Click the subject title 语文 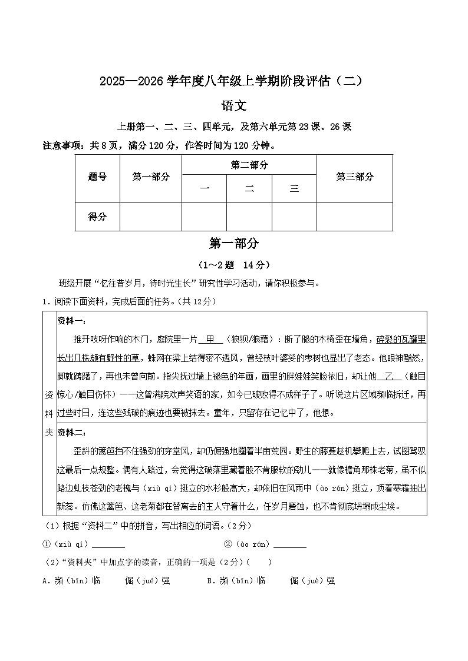tap(233, 106)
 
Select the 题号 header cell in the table tap(97, 177)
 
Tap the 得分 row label tap(97, 217)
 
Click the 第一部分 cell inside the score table tap(151, 177)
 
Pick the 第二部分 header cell tap(249, 165)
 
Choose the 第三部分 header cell tap(354, 177)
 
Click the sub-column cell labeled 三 tap(294, 189)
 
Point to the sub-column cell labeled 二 tap(249, 189)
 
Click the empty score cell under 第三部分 tap(354, 217)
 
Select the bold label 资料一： tap(72, 321)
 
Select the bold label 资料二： tap(72, 433)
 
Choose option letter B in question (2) tap(209, 580)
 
